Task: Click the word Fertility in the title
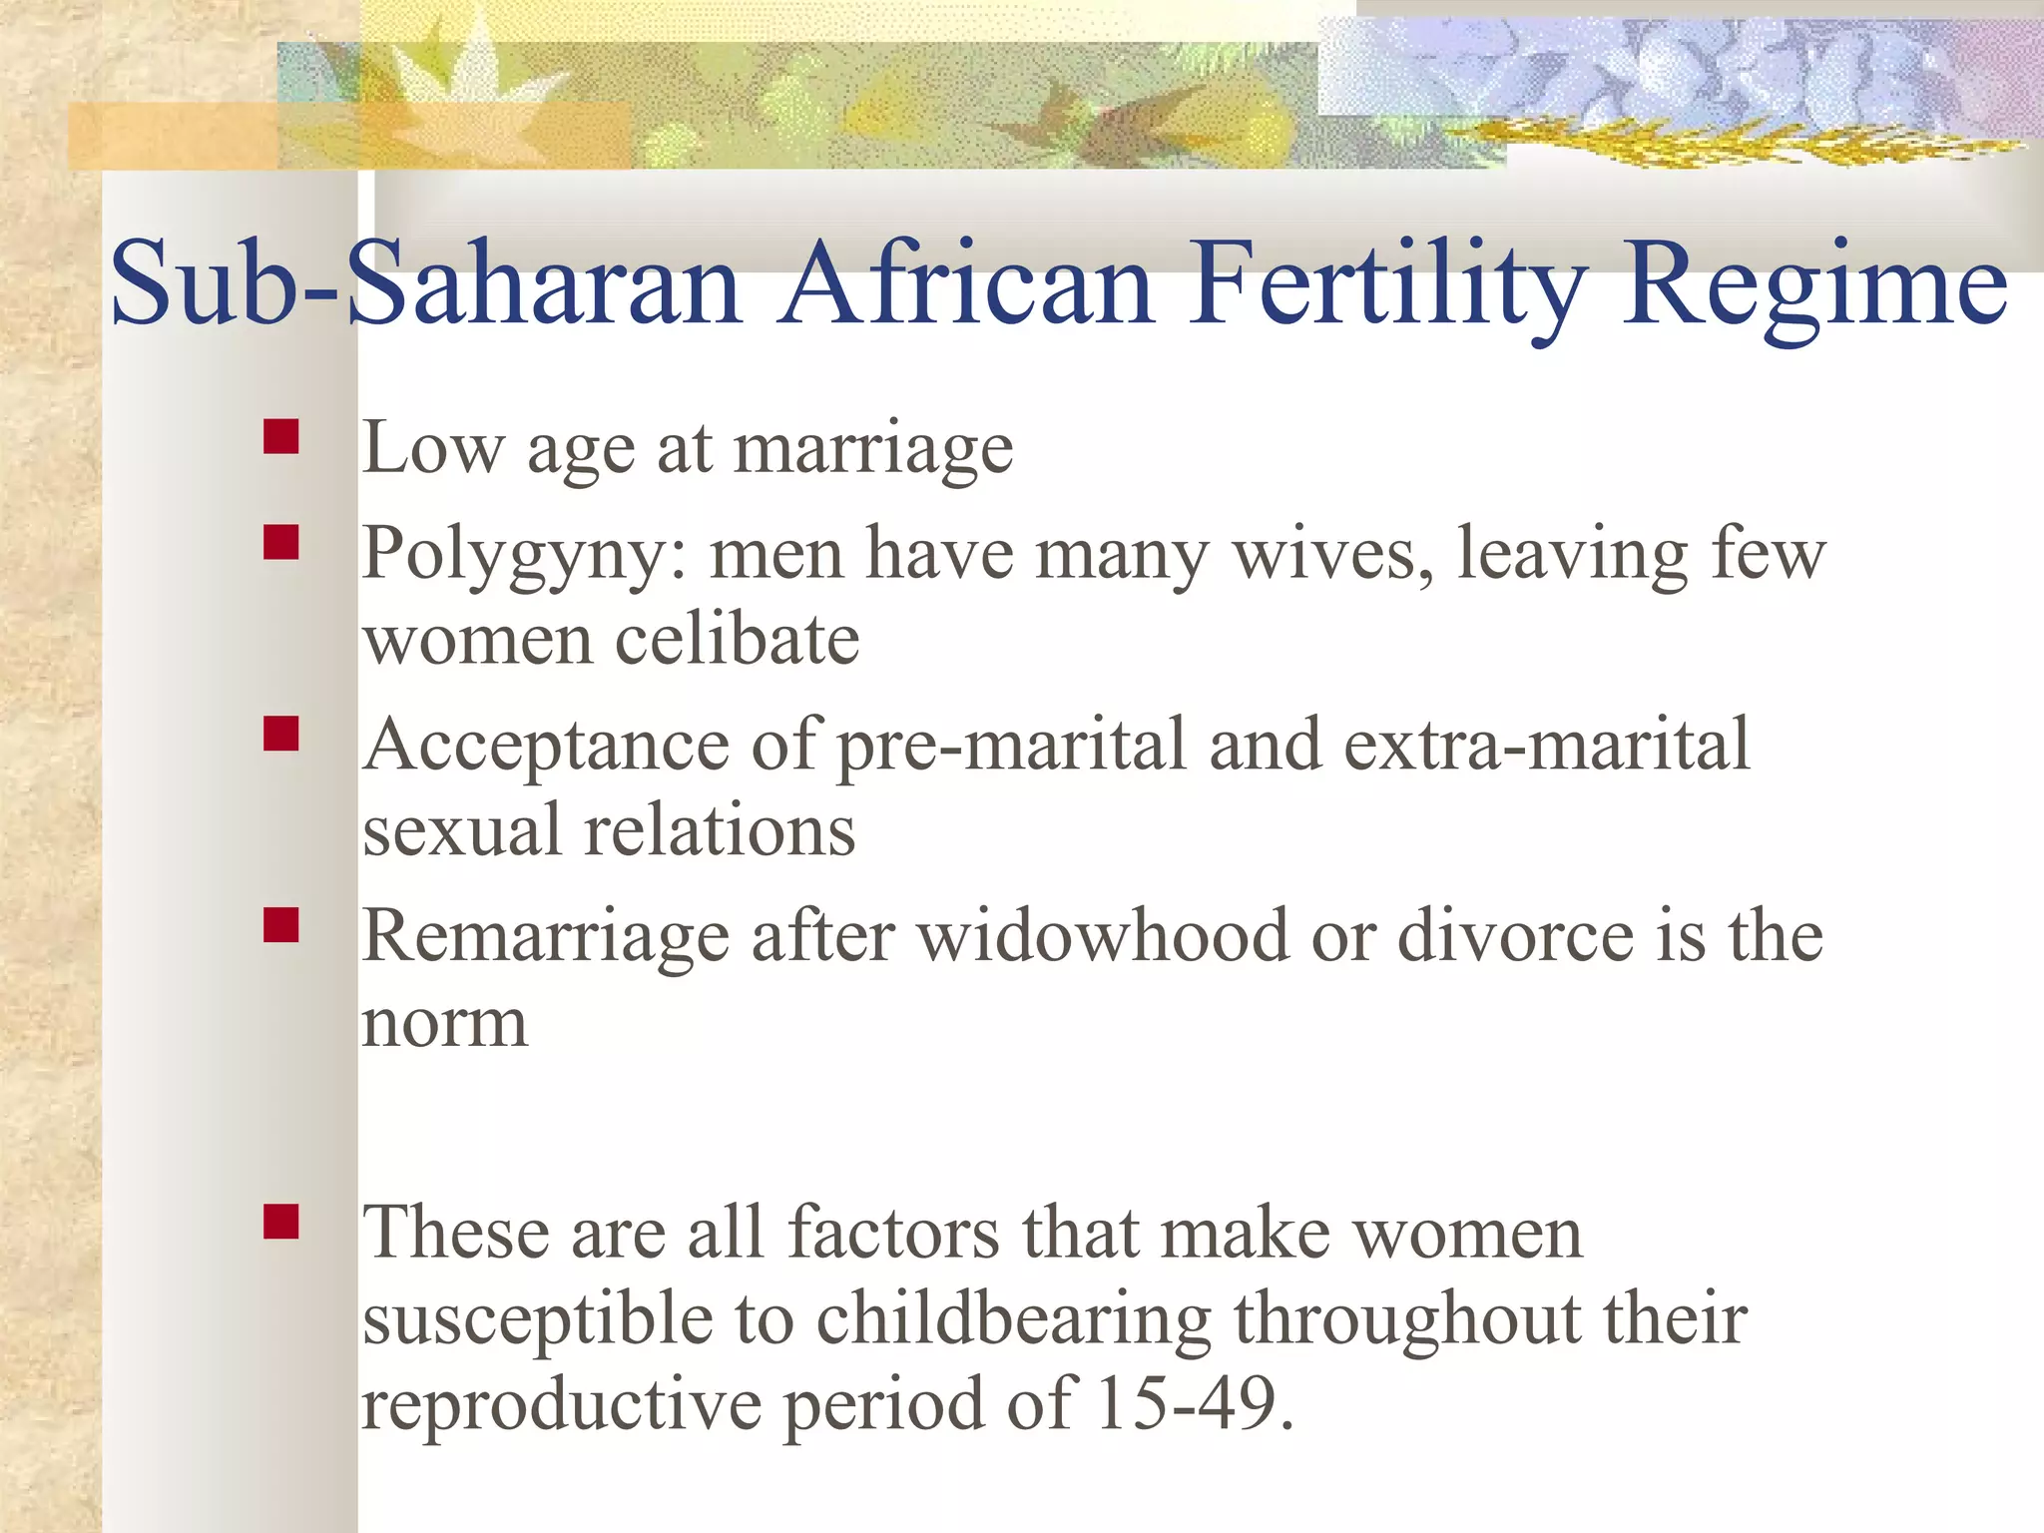[x=1386, y=284]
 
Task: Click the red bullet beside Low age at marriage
[x=281, y=437]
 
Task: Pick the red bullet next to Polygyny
[x=281, y=542]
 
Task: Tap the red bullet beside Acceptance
[x=281, y=734]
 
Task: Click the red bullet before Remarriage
[x=281, y=925]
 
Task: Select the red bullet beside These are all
[x=281, y=1221]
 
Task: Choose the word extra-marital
[x=1546, y=745]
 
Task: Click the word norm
[x=444, y=1026]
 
